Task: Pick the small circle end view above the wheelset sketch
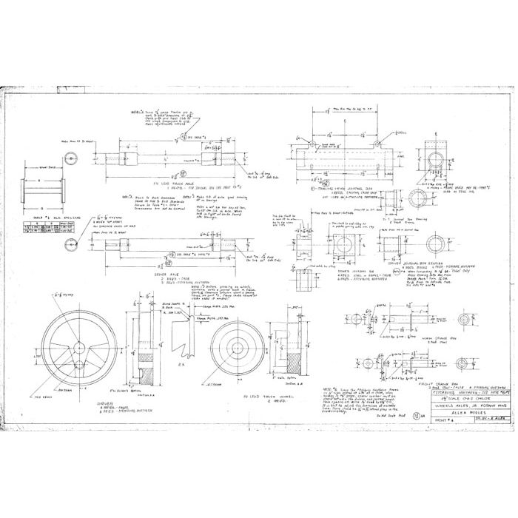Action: click(x=71, y=158)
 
